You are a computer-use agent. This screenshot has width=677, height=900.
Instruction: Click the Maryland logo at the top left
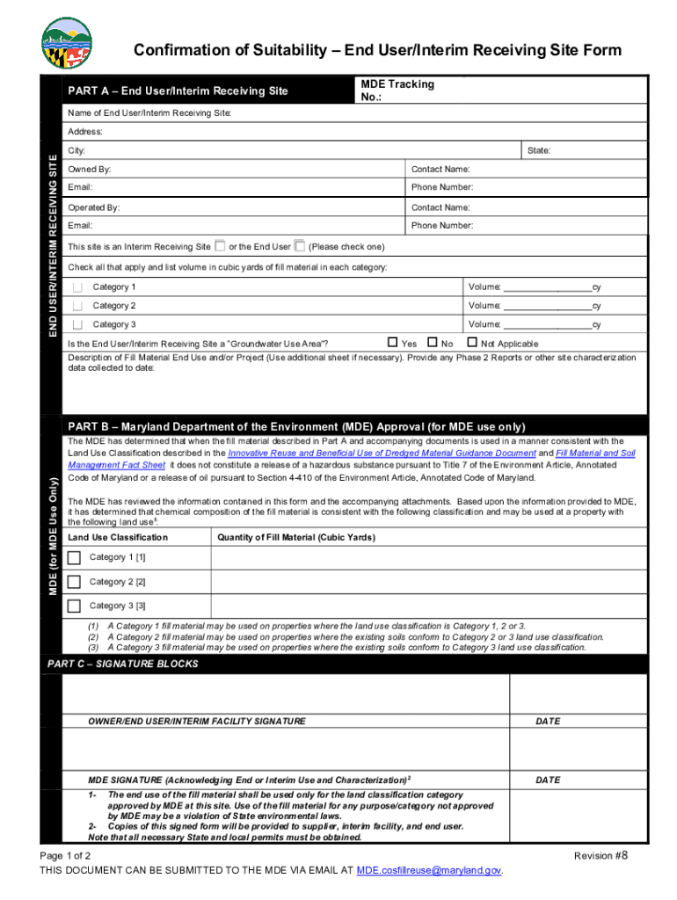67,44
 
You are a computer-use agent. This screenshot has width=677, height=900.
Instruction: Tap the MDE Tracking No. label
397,91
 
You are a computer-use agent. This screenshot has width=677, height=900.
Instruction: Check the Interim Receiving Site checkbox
220,246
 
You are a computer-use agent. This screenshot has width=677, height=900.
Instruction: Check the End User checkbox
300,246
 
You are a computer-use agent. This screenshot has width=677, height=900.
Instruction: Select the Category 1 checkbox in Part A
78,287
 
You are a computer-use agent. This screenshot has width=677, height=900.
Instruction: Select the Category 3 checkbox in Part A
78,324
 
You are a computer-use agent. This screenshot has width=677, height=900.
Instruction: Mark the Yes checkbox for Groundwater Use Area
393,343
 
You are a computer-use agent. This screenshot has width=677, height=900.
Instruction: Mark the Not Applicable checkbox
472,343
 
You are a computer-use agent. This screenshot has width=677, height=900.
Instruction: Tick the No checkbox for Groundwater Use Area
433,343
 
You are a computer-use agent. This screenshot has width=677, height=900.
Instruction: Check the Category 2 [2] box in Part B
74,582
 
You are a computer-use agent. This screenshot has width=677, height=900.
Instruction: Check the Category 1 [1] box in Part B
74,557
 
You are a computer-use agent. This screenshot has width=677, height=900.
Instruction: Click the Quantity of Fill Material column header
296,537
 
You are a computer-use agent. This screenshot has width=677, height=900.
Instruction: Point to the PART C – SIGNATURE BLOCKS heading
123,664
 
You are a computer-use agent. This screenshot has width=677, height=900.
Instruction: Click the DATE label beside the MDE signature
548,780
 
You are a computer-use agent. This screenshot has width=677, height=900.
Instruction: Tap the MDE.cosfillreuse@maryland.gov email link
428,870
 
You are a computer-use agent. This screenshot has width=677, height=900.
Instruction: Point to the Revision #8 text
601,855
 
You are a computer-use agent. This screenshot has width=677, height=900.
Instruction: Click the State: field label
539,150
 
